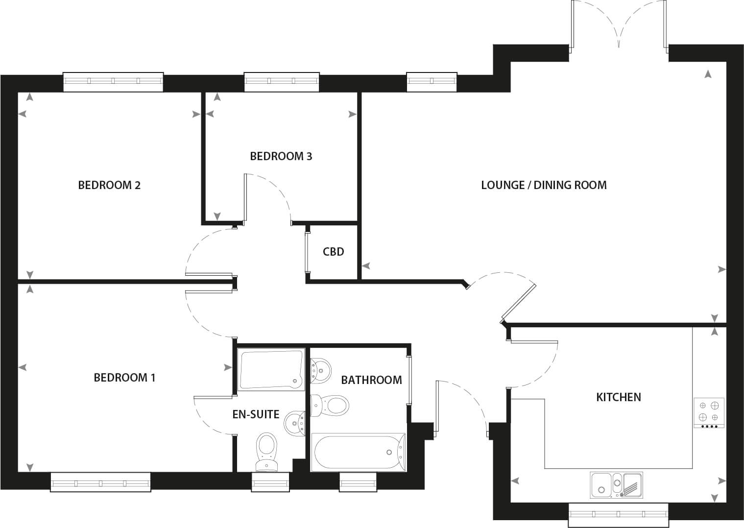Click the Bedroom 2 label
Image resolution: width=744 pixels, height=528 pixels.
point(109,185)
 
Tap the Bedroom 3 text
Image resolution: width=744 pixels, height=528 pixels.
point(281,156)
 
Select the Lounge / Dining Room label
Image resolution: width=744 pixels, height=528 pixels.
point(544,185)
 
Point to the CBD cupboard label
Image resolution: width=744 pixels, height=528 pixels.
point(333,252)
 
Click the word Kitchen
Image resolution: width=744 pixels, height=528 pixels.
point(619,397)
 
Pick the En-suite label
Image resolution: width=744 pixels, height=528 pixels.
point(256,414)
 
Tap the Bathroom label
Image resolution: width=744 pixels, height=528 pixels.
point(371,380)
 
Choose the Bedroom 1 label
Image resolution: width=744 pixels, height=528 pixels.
point(124,378)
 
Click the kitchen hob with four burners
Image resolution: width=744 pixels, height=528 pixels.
point(709,413)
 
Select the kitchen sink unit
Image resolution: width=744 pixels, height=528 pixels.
point(617,485)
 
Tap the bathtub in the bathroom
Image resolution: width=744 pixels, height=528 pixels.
point(358,452)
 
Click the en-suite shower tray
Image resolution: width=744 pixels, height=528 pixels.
point(271,369)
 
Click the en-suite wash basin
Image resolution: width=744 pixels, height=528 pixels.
point(294,423)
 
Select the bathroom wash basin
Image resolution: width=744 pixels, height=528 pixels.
point(320,370)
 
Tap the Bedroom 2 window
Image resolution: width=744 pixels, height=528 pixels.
point(113,82)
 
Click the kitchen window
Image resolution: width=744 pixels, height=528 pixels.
point(618,515)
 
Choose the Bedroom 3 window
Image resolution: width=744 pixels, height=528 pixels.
point(282,82)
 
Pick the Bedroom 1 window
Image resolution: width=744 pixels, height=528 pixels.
point(100,481)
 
